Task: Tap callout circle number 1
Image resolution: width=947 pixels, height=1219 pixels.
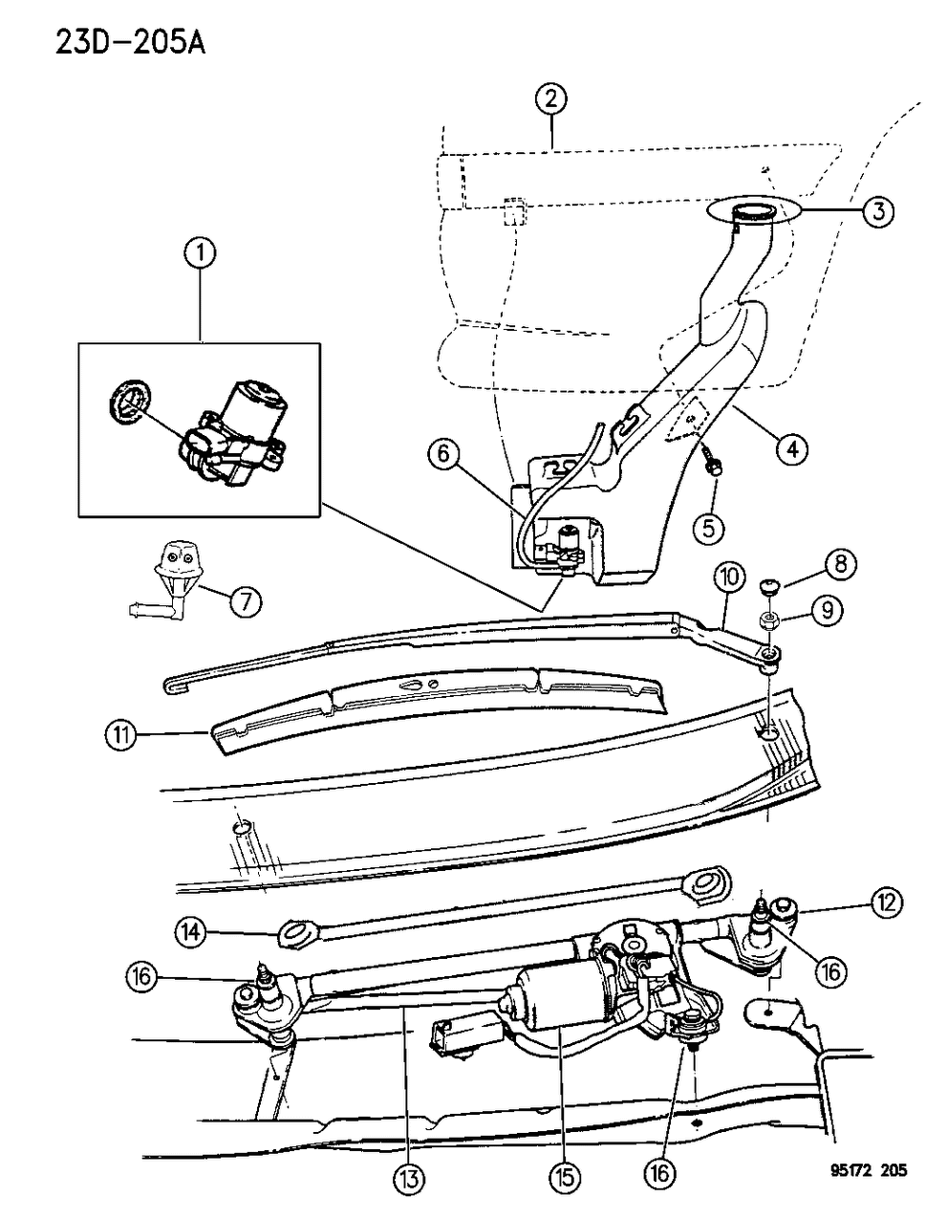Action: click(201, 253)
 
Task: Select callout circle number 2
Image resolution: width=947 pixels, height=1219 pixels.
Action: click(551, 98)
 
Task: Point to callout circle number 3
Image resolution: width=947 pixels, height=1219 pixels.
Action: click(878, 212)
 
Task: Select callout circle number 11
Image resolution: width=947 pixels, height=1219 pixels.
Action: click(121, 735)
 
